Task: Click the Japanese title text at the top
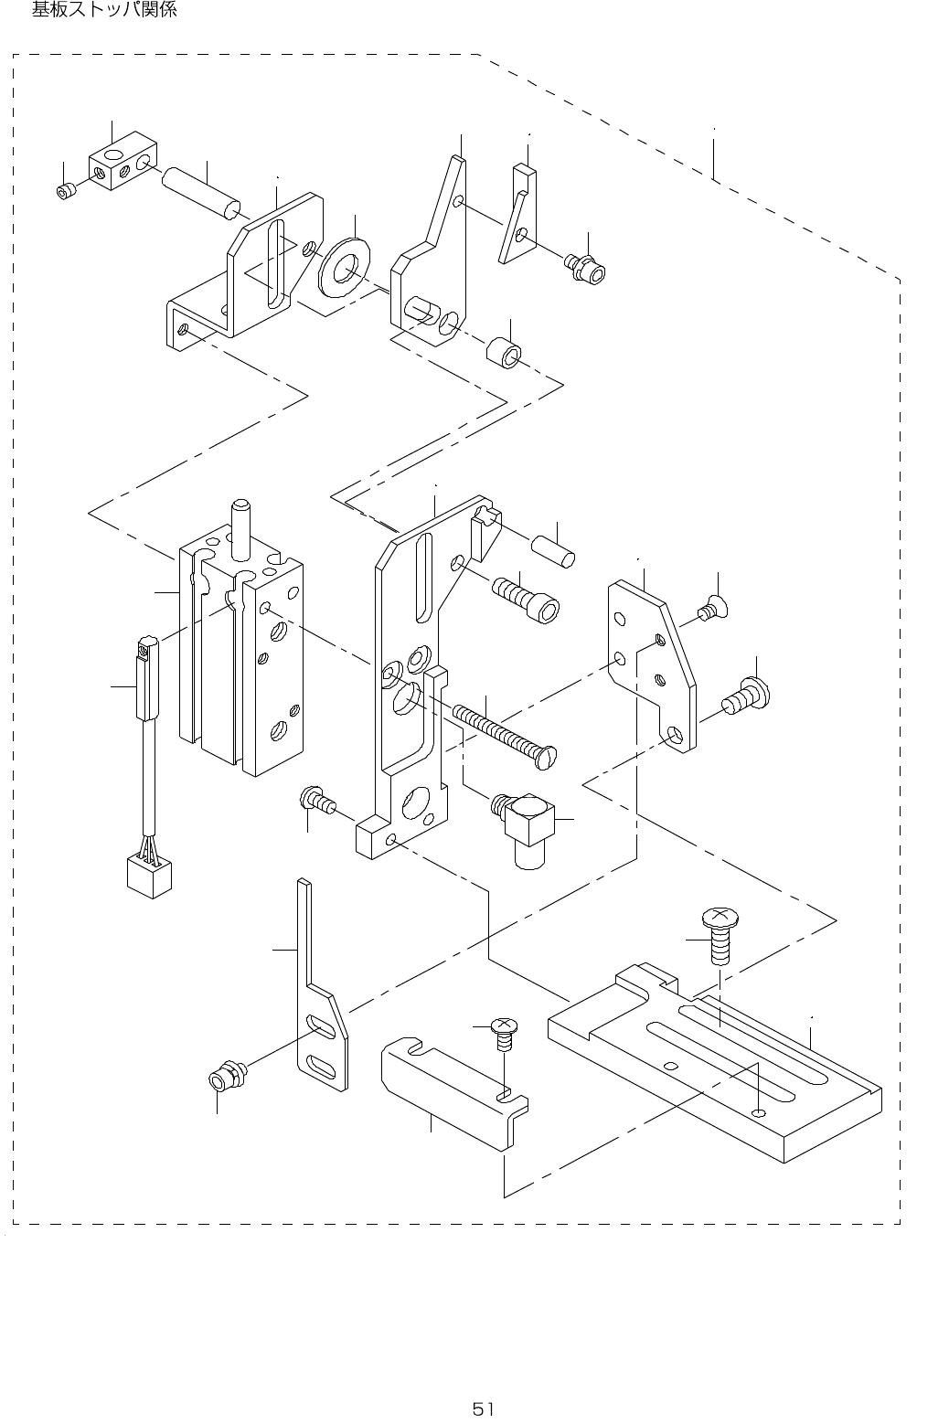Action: pos(104,11)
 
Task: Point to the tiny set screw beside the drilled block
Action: pos(64,191)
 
